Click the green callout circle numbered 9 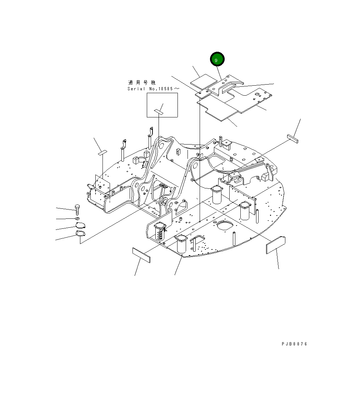[217, 59]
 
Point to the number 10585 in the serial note [165, 89]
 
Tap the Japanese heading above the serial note [141, 82]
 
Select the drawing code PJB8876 [294, 344]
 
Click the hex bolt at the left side [77, 209]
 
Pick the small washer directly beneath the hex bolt [77, 218]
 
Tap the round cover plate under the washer [81, 225]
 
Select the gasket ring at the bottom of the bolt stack [81, 233]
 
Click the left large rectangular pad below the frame [141, 255]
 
